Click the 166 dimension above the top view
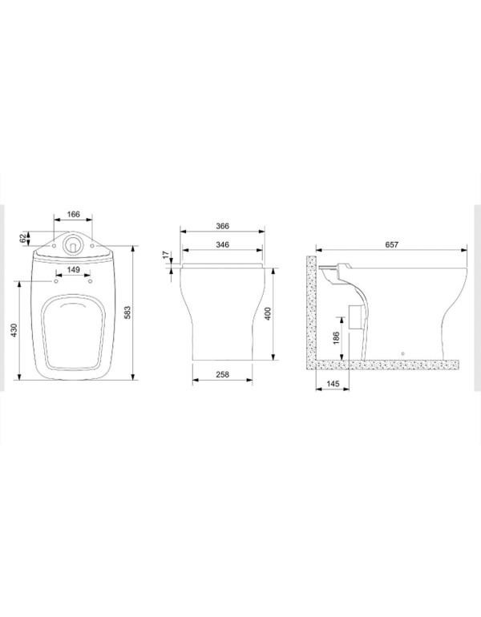tap(73, 214)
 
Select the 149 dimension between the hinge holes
tap(73, 269)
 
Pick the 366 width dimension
tap(222, 227)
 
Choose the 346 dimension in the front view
tap(222, 244)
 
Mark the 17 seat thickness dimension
tap(166, 257)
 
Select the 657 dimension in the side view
tap(390, 244)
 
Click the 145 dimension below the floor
tap(333, 383)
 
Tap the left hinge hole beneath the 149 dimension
tap(56, 280)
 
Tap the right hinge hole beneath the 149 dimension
tap(90, 280)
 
